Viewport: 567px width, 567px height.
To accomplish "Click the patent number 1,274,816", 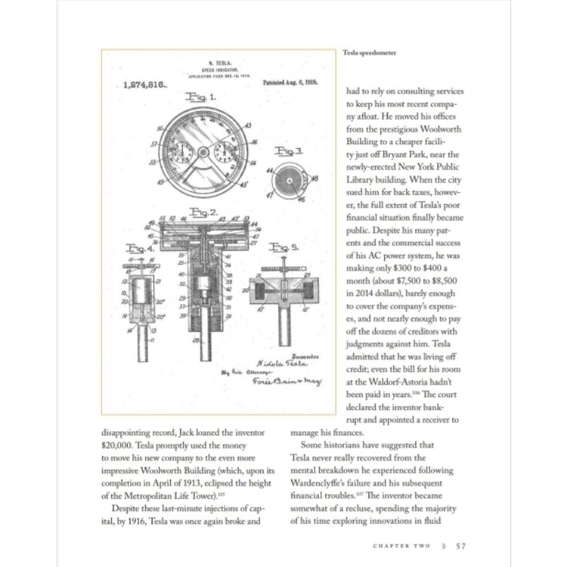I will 144,84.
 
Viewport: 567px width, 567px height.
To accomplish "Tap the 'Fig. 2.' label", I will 203,212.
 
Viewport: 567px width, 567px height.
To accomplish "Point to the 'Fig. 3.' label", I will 288,150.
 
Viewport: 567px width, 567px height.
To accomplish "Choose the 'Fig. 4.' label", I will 139,249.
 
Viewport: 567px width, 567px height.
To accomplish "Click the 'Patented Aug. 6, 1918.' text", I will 293,83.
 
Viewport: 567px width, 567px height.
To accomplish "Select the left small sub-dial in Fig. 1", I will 182,152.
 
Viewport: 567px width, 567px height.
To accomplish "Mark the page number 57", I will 460,546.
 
